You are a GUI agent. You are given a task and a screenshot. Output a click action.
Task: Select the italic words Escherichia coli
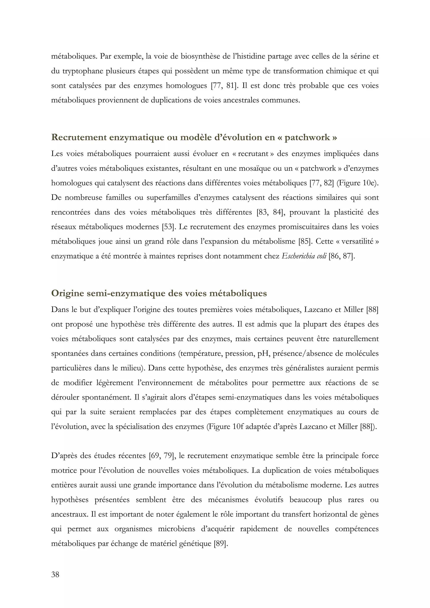coord(304,256)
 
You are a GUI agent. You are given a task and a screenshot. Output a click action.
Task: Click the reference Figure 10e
coord(357,183)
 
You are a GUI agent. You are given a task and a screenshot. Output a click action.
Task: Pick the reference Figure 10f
coord(226,427)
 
